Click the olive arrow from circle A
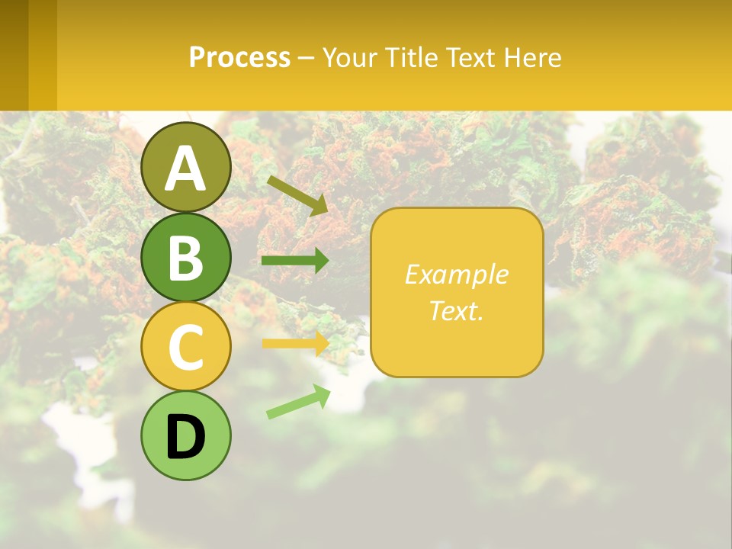coord(297,194)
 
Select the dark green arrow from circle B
coord(295,261)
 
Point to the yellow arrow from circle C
coord(295,343)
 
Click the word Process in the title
coord(239,58)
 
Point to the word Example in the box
coord(456,274)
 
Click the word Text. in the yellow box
coord(456,310)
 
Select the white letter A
coord(186,168)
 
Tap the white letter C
coord(186,347)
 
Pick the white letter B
coord(186,258)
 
